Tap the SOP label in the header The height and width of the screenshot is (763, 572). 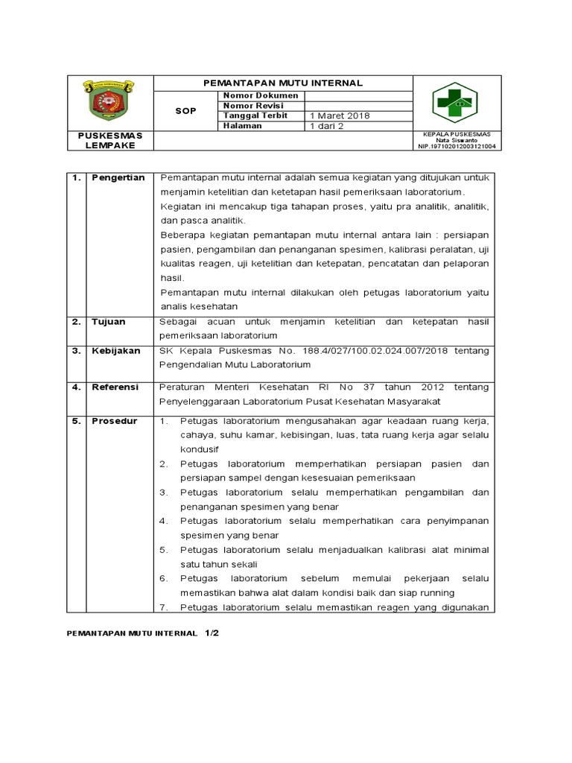coord(185,111)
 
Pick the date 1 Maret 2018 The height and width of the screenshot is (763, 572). coord(340,116)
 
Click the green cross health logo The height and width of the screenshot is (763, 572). coord(455,102)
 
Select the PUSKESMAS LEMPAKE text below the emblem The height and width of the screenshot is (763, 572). coord(109,141)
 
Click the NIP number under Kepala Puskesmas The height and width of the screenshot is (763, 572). coord(457,147)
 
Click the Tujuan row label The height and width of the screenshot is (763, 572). coord(109,322)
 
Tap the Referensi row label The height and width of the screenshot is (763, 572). coord(115,387)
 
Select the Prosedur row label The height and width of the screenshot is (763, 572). coord(115,421)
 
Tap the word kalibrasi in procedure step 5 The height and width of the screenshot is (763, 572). coord(408,550)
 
